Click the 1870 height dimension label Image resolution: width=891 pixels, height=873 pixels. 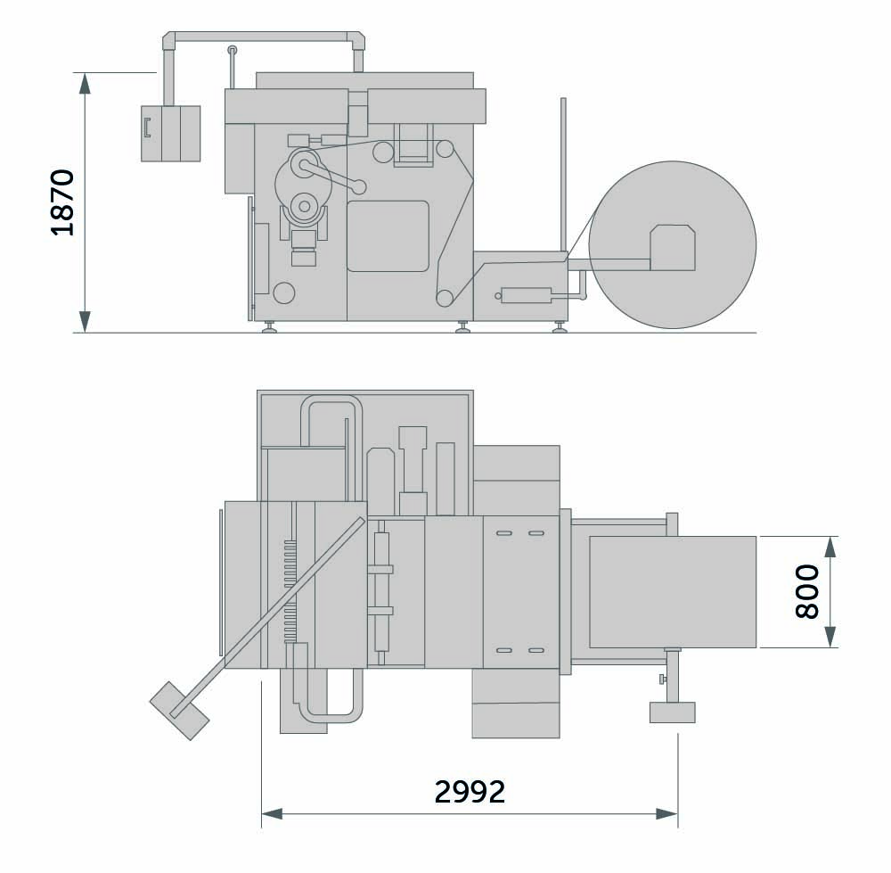click(x=63, y=202)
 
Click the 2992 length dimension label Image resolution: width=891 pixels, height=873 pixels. click(x=470, y=792)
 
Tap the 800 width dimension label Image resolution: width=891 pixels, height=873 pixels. click(x=807, y=591)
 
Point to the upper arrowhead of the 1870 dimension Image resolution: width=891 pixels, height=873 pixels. click(x=85, y=83)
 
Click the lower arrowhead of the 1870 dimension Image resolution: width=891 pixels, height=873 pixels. click(x=85, y=321)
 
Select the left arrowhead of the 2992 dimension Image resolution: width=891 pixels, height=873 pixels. click(x=272, y=814)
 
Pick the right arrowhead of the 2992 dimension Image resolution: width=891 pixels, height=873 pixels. click(x=666, y=814)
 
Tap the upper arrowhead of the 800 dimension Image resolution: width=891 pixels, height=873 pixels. click(x=830, y=548)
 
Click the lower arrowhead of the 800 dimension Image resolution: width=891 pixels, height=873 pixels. click(x=830, y=637)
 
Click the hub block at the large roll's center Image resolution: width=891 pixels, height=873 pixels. click(x=673, y=247)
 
